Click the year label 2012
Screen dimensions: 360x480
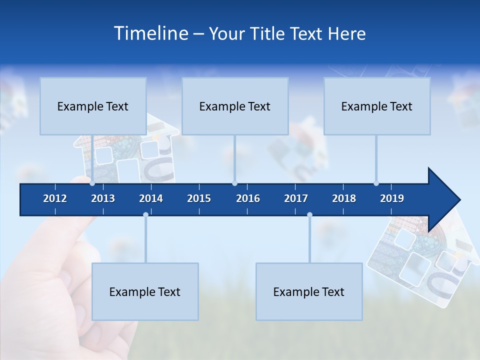coord(55,198)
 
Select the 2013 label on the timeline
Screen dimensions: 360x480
coord(103,198)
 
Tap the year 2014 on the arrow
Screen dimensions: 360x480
coord(151,198)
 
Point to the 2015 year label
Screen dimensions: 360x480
coord(199,198)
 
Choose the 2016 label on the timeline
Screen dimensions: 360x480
coord(248,198)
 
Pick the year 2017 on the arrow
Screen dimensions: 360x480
coord(296,198)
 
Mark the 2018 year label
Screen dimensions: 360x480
coord(344,198)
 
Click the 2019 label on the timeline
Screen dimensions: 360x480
coord(392,198)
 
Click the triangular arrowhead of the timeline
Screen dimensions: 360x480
coord(443,200)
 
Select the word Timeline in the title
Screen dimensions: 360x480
coord(150,33)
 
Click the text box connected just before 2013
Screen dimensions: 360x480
coord(93,106)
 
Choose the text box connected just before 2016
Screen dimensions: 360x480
coord(235,106)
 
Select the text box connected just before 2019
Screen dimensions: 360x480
coord(377,106)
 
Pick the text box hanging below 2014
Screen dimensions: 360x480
coord(145,291)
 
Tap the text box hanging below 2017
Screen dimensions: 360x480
coord(309,291)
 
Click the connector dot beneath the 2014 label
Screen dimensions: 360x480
coord(145,214)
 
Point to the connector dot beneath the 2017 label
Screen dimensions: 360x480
coord(309,214)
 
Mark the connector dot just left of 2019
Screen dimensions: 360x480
coord(376,183)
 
